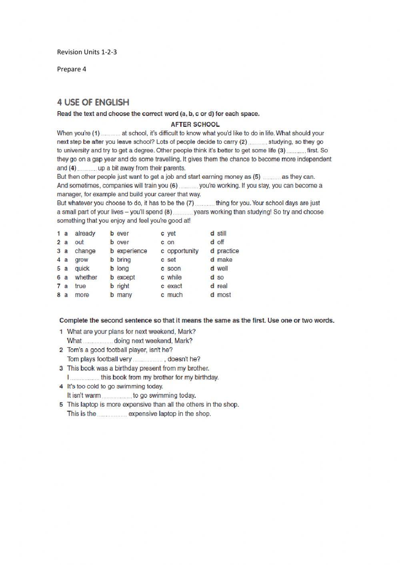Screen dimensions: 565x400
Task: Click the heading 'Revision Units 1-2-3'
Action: [87, 52]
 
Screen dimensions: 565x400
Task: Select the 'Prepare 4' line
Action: [72, 69]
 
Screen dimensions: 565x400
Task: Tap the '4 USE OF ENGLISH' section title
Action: [93, 102]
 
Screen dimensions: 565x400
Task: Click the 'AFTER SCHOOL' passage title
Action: [195, 124]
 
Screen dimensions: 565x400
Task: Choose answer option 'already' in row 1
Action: [85, 234]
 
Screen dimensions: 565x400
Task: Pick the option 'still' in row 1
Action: [222, 234]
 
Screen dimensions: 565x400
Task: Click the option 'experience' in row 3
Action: [132, 251]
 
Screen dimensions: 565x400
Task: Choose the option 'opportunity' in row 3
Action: [182, 251]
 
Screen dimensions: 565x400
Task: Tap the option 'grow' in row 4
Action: [81, 260]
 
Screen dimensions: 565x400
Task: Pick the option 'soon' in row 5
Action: [174, 269]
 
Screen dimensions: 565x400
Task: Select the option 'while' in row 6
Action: [174, 278]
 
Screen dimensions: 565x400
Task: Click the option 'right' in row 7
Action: [123, 286]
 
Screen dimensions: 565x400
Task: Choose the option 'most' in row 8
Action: [224, 295]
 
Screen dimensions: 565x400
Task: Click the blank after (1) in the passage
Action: [110, 134]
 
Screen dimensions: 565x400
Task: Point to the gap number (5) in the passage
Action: [256, 177]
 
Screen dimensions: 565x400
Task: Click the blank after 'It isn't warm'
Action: [116, 396]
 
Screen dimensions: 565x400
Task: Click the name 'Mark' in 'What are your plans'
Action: [187, 331]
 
